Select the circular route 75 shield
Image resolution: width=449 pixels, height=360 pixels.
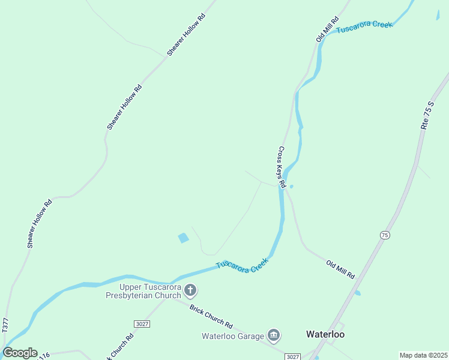[x=384, y=235]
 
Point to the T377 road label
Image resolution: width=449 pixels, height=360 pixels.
[x=5, y=326]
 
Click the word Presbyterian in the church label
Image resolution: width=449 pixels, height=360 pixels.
[x=143, y=295]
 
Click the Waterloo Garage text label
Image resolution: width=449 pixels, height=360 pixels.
[x=232, y=335]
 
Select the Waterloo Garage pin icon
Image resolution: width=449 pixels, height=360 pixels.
[x=274, y=335]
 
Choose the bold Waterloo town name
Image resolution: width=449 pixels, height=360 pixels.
[x=325, y=334]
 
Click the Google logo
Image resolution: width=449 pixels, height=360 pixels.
[x=20, y=352]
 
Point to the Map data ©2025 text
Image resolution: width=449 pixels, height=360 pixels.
[x=423, y=355]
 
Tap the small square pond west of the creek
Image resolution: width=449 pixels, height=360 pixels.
[x=183, y=238]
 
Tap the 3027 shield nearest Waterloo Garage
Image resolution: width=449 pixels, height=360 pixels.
[x=292, y=356]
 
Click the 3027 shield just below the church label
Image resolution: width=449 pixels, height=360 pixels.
[x=142, y=323]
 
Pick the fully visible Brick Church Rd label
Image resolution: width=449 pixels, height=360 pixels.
[x=211, y=317]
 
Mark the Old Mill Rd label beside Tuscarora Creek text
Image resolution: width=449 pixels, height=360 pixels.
[x=328, y=30]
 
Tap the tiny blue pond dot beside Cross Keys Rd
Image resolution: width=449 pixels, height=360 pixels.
[x=291, y=187]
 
